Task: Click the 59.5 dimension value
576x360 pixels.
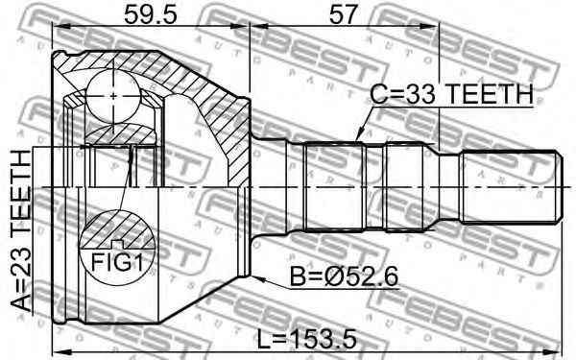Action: tap(151, 14)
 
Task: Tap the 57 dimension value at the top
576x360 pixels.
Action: tap(343, 14)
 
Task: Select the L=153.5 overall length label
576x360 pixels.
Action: tap(306, 339)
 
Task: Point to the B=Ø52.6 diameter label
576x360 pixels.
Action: tap(345, 276)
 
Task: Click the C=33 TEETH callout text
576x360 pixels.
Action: tap(451, 94)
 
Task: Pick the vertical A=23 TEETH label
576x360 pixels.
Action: tap(21, 230)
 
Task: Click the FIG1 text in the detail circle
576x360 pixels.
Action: tap(117, 262)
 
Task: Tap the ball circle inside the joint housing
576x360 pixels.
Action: tap(113, 96)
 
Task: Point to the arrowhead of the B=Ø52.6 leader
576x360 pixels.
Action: tap(257, 278)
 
